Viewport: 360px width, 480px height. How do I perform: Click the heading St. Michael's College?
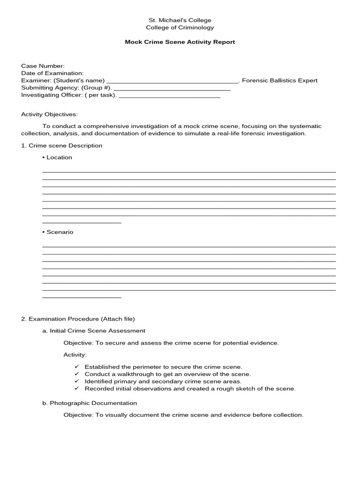(180, 20)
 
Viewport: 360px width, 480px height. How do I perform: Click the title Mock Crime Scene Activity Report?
(180, 42)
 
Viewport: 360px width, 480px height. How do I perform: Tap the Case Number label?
(43, 66)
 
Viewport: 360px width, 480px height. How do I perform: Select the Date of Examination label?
(52, 73)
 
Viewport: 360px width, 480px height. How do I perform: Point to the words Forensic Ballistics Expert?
(280, 81)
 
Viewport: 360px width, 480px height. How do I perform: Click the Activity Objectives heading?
(50, 114)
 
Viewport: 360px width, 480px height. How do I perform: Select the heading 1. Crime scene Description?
(61, 146)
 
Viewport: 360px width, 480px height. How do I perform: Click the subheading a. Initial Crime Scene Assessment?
(94, 331)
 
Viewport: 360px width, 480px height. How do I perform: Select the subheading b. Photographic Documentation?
(90, 403)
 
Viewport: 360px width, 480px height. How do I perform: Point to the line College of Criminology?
(180, 28)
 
